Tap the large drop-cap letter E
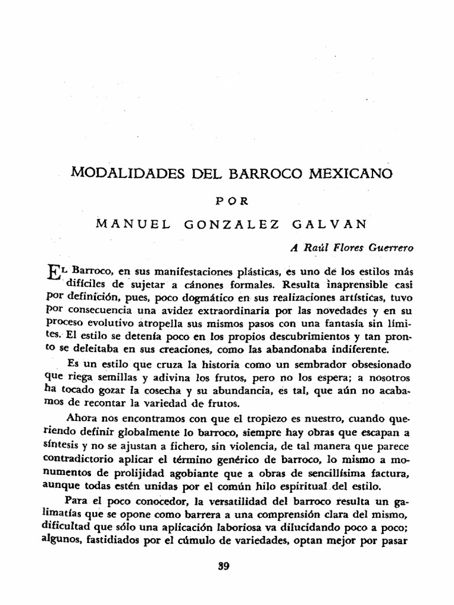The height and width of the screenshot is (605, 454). [x=53, y=274]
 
